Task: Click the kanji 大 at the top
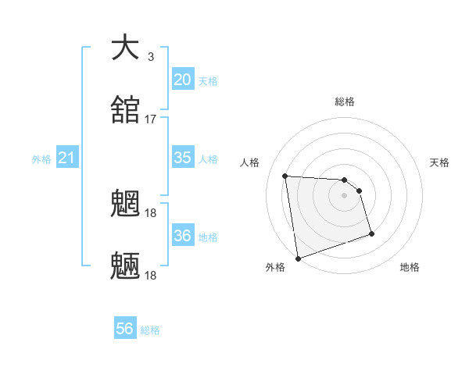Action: pyautogui.click(x=126, y=48)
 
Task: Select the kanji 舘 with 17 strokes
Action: pyautogui.click(x=126, y=110)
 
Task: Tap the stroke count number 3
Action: pyautogui.click(x=151, y=57)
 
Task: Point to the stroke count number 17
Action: pyautogui.click(x=151, y=119)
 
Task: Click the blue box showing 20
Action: pyautogui.click(x=182, y=79)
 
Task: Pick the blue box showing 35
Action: pyautogui.click(x=182, y=157)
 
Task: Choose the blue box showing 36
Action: pyautogui.click(x=182, y=235)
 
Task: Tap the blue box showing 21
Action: pyautogui.click(x=66, y=159)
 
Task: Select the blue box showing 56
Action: pyautogui.click(x=125, y=329)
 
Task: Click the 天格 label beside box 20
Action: pyautogui.click(x=208, y=81)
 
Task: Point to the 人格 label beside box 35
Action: pyautogui.click(x=208, y=159)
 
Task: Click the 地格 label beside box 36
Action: pyautogui.click(x=208, y=237)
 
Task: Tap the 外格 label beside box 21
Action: pyautogui.click(x=41, y=159)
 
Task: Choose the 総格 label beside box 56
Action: pyautogui.click(x=151, y=330)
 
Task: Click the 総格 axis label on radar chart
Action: pyautogui.click(x=345, y=102)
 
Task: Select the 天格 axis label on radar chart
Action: pyautogui.click(x=440, y=162)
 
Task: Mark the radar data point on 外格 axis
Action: pyautogui.click(x=297, y=258)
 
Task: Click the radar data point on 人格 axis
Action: pyautogui.click(x=285, y=176)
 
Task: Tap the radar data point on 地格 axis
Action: pyautogui.click(x=371, y=233)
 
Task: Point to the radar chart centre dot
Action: pyautogui.click(x=345, y=195)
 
